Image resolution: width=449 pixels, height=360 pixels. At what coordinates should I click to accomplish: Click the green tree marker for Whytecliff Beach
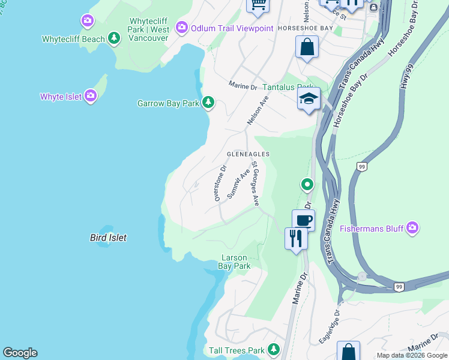[113, 39]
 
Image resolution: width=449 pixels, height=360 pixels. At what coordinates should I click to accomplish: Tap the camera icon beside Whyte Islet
[91, 96]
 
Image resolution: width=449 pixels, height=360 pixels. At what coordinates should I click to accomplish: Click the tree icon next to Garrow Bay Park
[208, 103]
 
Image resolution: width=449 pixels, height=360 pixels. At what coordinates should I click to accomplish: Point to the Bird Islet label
[108, 238]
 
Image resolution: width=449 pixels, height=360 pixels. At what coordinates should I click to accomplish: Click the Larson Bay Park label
[234, 262]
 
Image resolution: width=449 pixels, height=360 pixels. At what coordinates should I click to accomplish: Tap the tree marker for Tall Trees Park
[274, 350]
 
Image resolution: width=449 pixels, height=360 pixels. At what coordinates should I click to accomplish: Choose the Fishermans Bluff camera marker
[412, 228]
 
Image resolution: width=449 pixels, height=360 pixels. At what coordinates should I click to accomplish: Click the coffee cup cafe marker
[304, 220]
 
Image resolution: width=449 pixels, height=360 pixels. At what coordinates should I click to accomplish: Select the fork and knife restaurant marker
[296, 238]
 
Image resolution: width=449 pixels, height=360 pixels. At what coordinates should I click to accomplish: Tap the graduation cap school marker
[309, 98]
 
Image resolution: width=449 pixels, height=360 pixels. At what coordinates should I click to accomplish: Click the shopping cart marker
[258, 4]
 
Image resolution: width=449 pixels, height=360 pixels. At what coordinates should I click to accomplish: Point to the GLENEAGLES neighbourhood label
[248, 154]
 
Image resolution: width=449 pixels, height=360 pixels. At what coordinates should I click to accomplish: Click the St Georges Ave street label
[255, 183]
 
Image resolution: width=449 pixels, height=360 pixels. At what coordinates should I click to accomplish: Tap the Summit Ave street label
[238, 185]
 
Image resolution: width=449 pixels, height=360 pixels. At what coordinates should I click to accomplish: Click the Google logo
[20, 353]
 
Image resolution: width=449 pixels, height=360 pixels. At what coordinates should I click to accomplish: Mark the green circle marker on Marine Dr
[307, 184]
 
